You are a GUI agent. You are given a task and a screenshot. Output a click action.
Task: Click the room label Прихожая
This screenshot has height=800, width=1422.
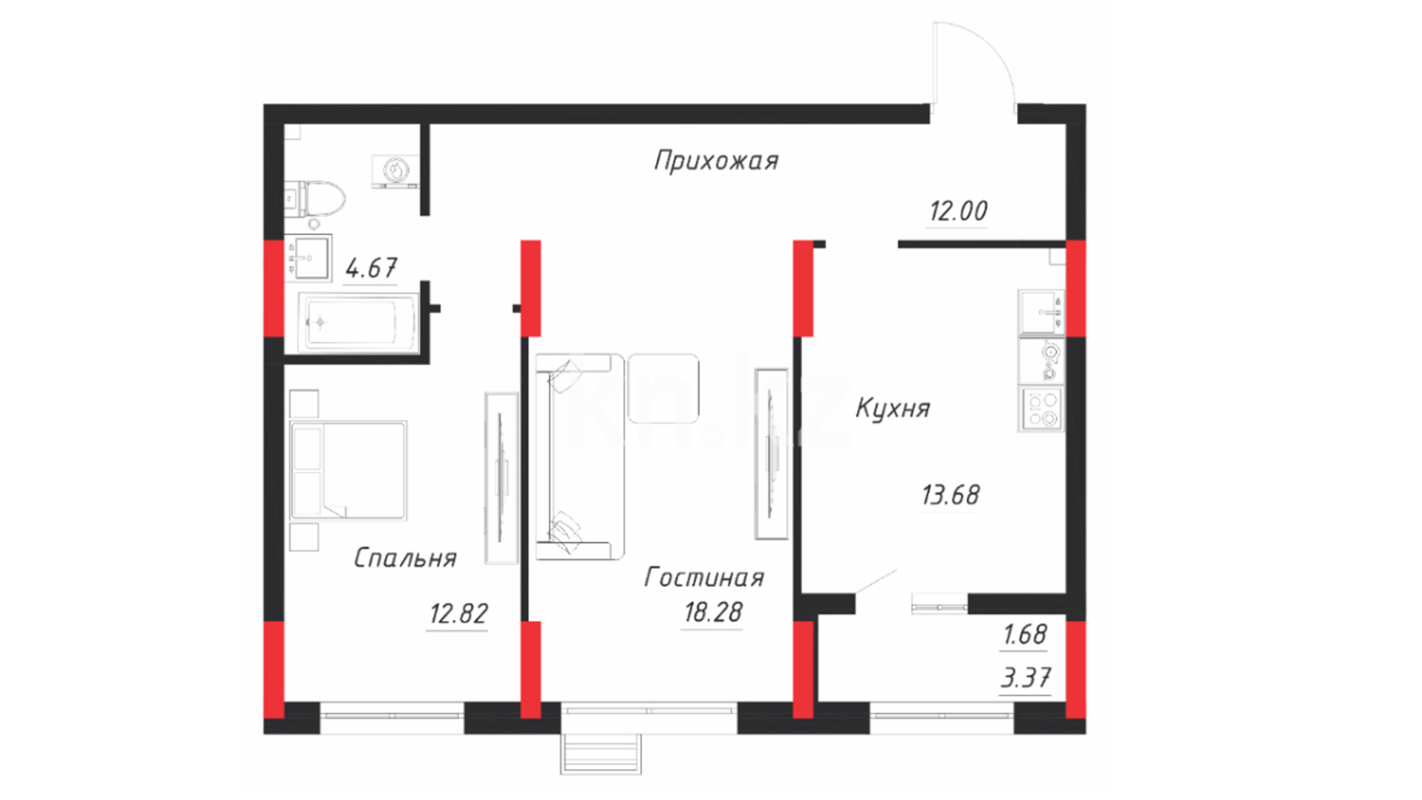716,161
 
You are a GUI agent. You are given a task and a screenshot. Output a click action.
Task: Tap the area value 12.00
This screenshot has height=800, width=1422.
958,211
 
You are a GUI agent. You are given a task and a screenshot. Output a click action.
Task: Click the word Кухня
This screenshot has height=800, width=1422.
893,408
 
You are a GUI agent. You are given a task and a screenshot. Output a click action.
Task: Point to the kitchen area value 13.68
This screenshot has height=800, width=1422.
951,495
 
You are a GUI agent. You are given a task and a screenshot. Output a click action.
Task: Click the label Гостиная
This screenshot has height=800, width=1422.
704,577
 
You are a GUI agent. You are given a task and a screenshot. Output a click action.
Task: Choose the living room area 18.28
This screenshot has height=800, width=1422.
713,613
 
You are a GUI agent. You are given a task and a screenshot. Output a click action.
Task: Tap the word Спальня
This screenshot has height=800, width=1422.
405,558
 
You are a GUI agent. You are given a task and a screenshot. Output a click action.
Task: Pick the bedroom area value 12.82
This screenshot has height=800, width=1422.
458,614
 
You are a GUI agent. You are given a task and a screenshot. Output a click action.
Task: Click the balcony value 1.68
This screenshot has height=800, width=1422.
1025,635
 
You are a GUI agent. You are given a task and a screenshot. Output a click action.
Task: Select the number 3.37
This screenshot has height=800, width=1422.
1026,678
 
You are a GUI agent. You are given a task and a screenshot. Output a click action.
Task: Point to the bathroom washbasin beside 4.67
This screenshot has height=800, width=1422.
308,259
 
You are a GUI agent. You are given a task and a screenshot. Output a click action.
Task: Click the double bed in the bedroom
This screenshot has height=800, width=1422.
349,470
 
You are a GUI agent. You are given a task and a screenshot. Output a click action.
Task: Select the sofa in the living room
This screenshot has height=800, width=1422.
580,456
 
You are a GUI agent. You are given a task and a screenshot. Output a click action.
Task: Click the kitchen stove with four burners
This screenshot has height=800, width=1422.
1042,409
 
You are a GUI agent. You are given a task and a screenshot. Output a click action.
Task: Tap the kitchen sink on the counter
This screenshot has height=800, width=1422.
1042,312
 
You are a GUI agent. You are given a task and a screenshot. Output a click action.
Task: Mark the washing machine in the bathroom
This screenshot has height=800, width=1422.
395,171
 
